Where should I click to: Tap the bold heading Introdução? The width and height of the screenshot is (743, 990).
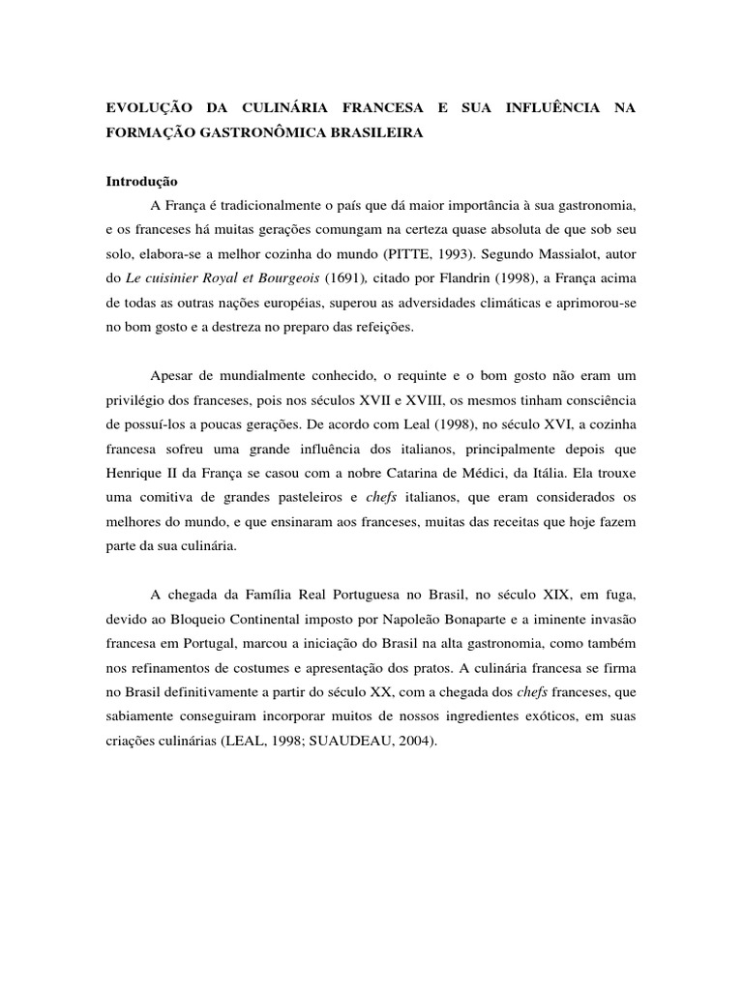tap(141, 181)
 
